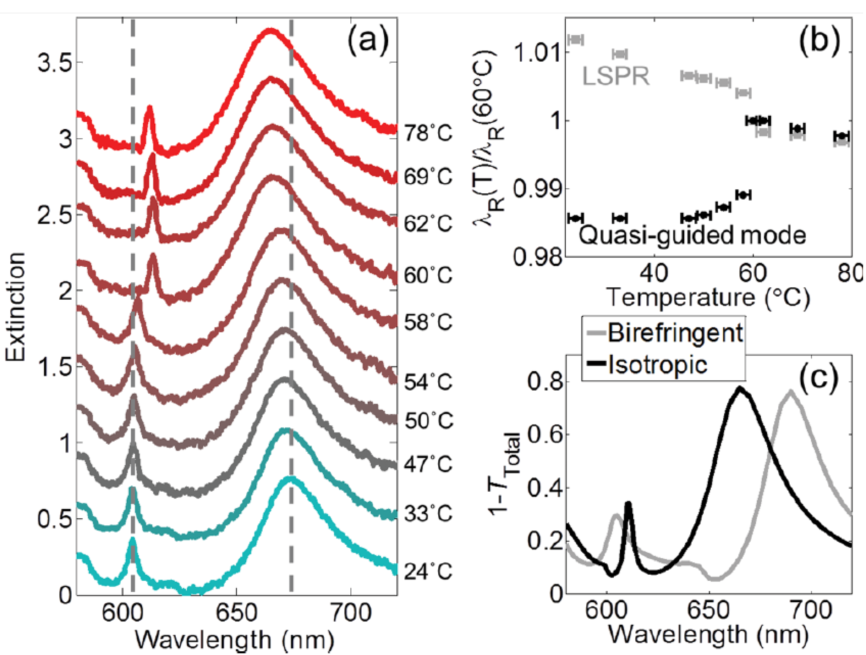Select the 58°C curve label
point(428,322)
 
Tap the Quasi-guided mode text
point(692,235)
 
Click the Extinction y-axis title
point(16,307)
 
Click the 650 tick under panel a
point(236,612)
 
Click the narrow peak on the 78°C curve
point(149,107)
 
